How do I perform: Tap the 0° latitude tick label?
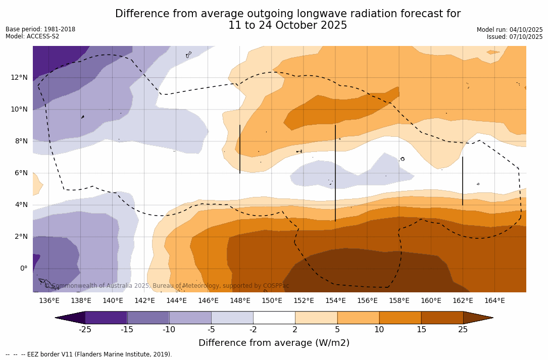point(23,268)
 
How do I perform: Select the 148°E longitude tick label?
point(240,300)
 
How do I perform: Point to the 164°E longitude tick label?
point(494,300)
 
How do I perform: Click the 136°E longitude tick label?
point(49,300)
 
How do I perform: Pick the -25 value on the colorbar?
point(85,330)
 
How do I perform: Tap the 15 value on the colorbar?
point(421,330)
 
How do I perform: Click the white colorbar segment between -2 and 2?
point(274,318)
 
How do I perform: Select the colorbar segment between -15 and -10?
point(148,318)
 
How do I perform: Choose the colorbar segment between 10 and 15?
point(400,318)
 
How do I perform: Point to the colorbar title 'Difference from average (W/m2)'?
point(274,343)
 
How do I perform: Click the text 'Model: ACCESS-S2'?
point(32,36)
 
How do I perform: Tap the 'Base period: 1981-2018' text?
point(40,29)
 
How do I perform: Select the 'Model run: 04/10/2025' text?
point(510,30)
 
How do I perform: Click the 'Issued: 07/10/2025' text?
point(515,37)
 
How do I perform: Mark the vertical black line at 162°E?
point(463,181)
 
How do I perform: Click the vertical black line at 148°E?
point(240,149)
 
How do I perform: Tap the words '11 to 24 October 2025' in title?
point(288,25)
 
